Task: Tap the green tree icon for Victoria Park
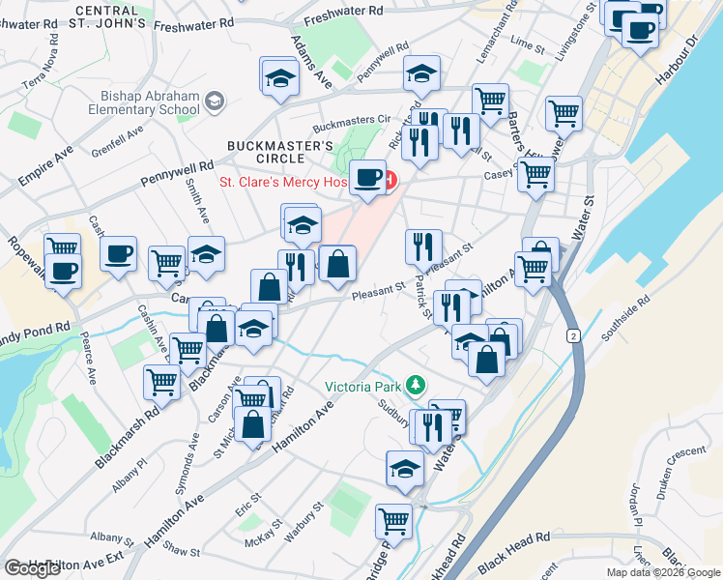[x=416, y=385]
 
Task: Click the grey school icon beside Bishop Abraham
[x=213, y=101]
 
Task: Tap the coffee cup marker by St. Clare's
[x=367, y=179]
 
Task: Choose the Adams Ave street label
[x=311, y=64]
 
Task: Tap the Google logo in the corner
[x=32, y=568]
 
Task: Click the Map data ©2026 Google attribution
[x=662, y=572]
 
